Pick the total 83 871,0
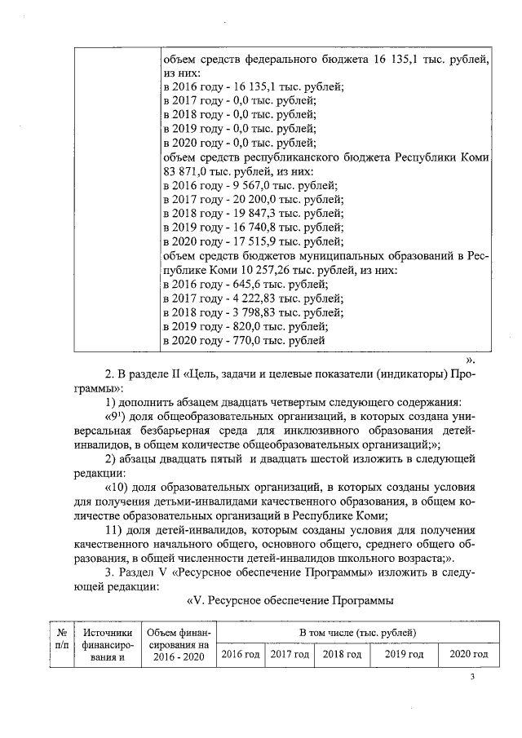187,171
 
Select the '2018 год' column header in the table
343,654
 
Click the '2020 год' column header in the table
468,654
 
